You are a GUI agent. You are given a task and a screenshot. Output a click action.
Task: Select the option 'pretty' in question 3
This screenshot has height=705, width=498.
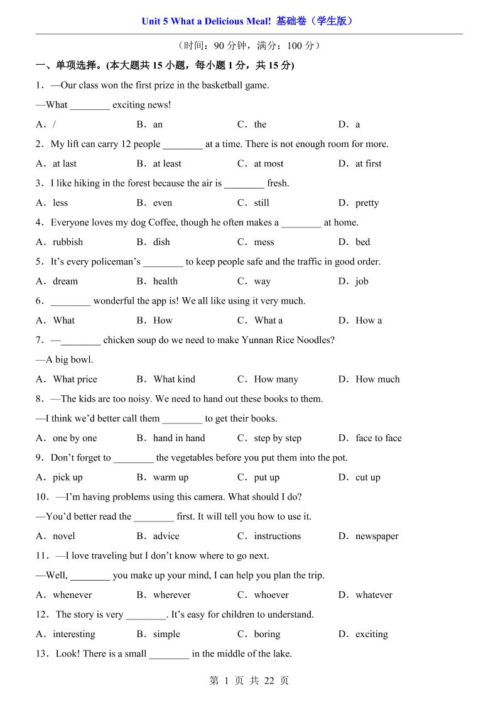point(367,203)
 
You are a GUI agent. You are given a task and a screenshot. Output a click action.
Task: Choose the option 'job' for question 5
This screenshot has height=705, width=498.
point(362,281)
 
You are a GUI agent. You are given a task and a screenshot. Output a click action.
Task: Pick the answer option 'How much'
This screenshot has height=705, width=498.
point(377,379)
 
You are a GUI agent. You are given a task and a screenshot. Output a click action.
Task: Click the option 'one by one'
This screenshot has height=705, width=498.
point(75,438)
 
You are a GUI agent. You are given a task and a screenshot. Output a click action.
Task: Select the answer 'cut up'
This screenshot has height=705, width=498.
point(368,477)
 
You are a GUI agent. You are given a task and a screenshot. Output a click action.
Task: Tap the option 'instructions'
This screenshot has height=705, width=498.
point(277,536)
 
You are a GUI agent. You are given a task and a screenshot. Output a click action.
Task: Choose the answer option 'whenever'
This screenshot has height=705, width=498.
point(72,594)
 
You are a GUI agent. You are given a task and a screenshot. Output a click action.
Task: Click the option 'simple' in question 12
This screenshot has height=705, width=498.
point(166,634)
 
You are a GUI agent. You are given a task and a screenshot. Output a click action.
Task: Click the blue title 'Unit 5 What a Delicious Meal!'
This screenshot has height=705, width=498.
point(206,21)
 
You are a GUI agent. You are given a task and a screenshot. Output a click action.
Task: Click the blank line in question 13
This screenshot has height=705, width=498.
point(169,655)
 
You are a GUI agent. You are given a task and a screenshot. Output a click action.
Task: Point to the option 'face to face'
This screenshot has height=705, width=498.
point(378,438)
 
